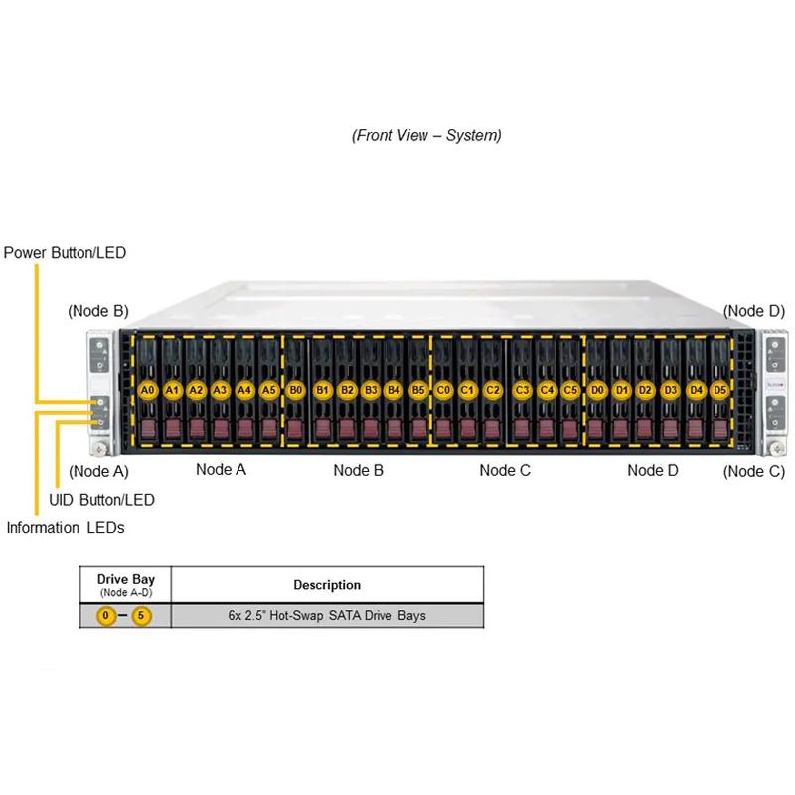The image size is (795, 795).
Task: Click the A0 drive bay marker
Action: (x=148, y=390)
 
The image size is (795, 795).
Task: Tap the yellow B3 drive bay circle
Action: (x=371, y=390)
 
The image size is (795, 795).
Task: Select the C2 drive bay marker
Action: (x=493, y=390)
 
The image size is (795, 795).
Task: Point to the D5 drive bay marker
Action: (x=719, y=390)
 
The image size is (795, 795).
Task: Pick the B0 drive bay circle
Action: (x=295, y=390)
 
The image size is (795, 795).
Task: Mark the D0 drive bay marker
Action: (x=597, y=390)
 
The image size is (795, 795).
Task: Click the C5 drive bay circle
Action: (x=570, y=390)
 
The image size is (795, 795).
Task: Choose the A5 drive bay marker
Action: (x=269, y=390)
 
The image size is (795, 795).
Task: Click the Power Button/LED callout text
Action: (x=66, y=253)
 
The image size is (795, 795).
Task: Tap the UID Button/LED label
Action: (x=101, y=500)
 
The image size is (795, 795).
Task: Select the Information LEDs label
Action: (x=66, y=528)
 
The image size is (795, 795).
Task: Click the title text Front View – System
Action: (x=426, y=135)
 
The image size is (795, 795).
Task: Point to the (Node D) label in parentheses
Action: (x=754, y=311)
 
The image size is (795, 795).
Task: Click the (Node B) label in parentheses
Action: (x=98, y=311)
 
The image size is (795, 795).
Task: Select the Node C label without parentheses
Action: (x=505, y=470)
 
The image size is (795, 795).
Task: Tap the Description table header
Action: (x=327, y=585)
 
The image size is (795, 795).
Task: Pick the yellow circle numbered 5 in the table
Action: (x=142, y=616)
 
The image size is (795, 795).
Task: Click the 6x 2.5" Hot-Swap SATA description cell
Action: (x=327, y=616)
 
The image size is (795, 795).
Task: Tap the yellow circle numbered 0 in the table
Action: (x=105, y=616)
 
